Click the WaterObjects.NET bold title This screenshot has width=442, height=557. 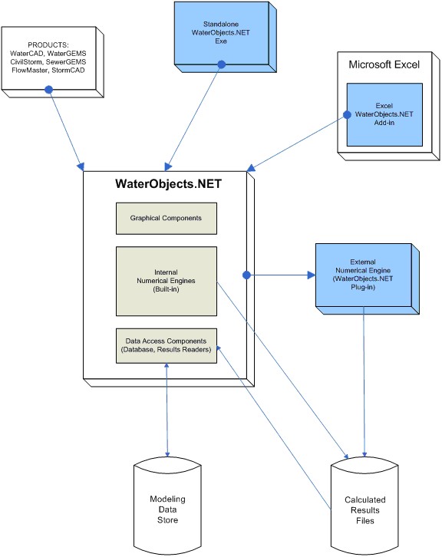tap(168, 183)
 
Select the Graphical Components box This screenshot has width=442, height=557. tap(167, 219)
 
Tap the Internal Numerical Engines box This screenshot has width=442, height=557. tap(167, 281)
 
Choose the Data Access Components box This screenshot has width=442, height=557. tap(167, 346)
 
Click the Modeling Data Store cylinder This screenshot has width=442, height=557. tap(167, 507)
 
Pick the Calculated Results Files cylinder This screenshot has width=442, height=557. tap(364, 507)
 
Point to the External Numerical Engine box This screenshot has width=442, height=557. tap(368, 278)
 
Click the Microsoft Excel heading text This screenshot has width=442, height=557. tap(384, 64)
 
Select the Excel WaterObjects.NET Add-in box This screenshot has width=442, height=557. tap(384, 114)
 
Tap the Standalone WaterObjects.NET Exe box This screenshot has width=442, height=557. tap(226, 37)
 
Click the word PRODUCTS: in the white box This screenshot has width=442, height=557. tap(48, 45)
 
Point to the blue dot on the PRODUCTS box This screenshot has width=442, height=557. tap(48, 90)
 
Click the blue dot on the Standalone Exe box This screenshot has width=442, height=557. tap(221, 64)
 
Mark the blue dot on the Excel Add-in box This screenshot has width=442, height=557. tap(347, 115)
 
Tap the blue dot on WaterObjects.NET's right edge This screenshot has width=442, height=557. tap(246, 275)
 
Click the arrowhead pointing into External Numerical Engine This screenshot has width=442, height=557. tap(312, 275)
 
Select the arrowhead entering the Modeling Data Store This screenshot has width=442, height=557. tap(167, 454)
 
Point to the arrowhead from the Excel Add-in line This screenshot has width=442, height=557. tap(250, 168)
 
